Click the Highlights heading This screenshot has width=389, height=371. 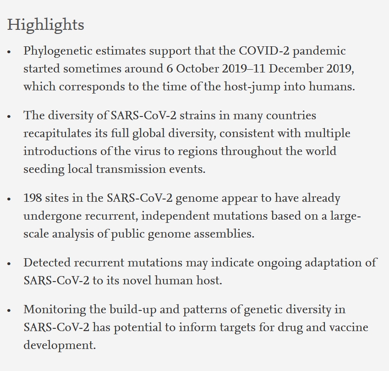click(x=46, y=24)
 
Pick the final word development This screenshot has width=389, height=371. click(x=60, y=345)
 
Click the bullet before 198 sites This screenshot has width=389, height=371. click(x=9, y=199)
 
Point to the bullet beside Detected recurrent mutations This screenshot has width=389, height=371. click(x=9, y=264)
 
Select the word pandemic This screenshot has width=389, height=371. click(x=319, y=51)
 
